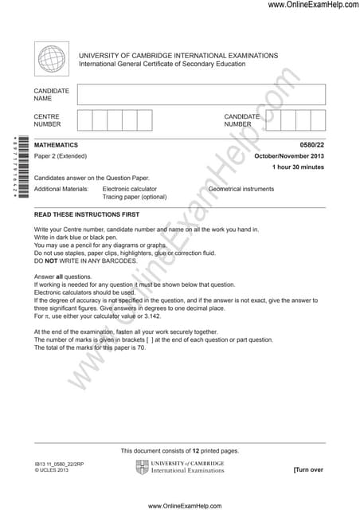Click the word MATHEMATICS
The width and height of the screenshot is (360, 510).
click(56, 145)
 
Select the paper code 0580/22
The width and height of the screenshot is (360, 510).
click(312, 145)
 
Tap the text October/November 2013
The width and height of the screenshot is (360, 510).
click(289, 156)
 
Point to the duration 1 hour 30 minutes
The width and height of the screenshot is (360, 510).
click(299, 167)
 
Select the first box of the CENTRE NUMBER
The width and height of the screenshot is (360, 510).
click(84, 120)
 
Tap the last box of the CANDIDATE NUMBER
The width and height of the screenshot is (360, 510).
click(318, 120)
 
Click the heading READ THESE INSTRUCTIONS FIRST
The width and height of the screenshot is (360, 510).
click(87, 215)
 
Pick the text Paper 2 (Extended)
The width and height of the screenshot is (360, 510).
click(61, 156)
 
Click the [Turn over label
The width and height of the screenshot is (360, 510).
click(309, 470)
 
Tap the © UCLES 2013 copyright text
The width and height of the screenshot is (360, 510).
click(52, 470)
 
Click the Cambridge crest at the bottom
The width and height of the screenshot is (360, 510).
click(142, 466)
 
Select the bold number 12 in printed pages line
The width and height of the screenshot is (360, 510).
click(205, 451)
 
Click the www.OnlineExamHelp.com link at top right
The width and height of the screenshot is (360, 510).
click(313, 5)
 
